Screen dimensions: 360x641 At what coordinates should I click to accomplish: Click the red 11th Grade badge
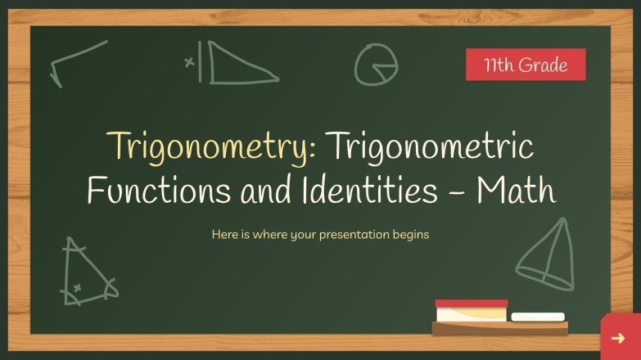pyautogui.click(x=526, y=65)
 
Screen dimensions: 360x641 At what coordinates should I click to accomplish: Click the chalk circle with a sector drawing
pyautogui.click(x=376, y=63)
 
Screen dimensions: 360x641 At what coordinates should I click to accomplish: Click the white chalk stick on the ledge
pyautogui.click(x=538, y=316)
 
